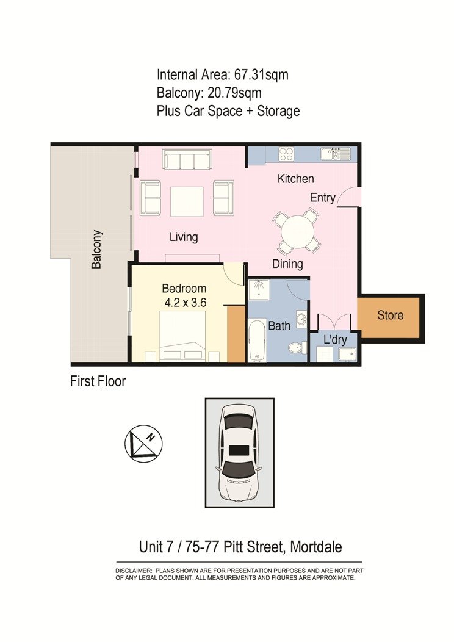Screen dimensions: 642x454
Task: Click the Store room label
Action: click(x=390, y=316)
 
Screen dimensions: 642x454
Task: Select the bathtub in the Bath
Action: click(x=257, y=341)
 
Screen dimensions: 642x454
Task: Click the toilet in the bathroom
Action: click(x=296, y=348)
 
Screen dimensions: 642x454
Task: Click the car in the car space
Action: click(x=239, y=452)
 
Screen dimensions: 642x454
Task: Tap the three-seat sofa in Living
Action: click(x=187, y=159)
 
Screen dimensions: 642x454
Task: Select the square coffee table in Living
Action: click(x=187, y=201)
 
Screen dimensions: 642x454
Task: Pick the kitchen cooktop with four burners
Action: click(x=286, y=154)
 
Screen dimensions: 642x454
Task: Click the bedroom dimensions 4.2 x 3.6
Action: click(x=184, y=301)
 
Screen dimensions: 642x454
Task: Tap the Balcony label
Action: click(x=96, y=249)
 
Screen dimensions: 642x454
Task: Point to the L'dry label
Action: click(x=334, y=339)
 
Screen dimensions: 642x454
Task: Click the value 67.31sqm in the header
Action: click(x=258, y=76)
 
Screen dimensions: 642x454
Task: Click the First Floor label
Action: click(x=98, y=381)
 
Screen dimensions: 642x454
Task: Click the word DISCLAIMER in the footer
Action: click(x=133, y=570)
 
